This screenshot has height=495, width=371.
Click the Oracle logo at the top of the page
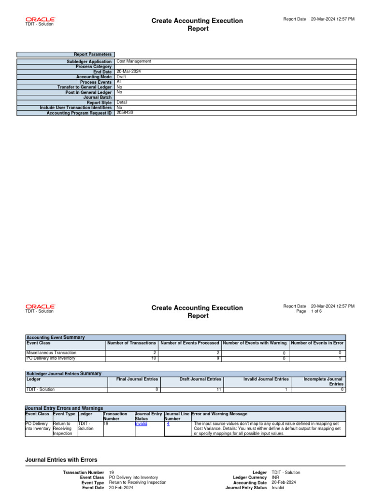pos(40,19)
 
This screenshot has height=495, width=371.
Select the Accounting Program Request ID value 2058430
pos(125,113)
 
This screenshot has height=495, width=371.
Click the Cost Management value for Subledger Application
pos(134,61)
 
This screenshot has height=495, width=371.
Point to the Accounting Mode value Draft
pos(121,77)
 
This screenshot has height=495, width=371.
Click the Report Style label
pos(99,102)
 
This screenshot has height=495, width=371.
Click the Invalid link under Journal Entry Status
pos(141,423)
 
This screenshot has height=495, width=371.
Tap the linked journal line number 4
pos(168,423)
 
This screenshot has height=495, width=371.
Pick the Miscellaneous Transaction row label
pos(51,353)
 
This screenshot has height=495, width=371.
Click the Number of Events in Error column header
pos(317,343)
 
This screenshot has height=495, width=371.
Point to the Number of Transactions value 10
pos(154,359)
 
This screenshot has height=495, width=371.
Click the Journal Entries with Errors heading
pos(61,460)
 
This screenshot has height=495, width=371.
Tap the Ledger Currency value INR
pos(276,478)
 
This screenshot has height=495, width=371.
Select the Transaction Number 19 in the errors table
pos(106,423)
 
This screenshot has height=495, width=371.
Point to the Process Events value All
pos(119,82)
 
